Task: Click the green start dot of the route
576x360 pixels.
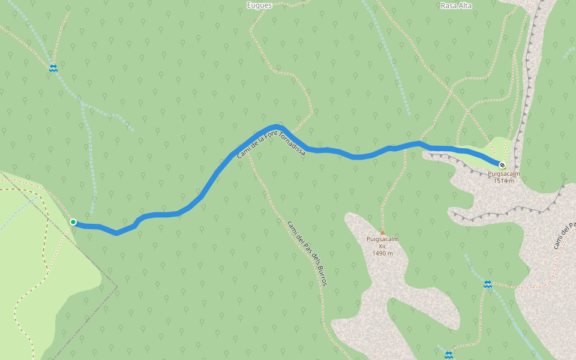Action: coord(73,222)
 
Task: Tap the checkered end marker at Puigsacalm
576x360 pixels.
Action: coord(502,164)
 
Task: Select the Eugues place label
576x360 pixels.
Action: coord(259,5)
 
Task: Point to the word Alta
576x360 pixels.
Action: coord(465,5)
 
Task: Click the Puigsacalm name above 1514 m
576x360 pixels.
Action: coord(503,173)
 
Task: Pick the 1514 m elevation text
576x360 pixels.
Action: coord(503,180)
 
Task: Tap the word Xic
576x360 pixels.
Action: coord(382,246)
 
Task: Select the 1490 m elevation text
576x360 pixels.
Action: coord(382,253)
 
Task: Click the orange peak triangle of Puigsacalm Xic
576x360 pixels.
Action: coord(382,233)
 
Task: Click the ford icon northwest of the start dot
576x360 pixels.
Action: coord(53,68)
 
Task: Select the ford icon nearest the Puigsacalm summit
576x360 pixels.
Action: coord(488,284)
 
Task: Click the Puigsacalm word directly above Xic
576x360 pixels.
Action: coord(382,239)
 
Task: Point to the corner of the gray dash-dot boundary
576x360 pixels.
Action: coord(117,287)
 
